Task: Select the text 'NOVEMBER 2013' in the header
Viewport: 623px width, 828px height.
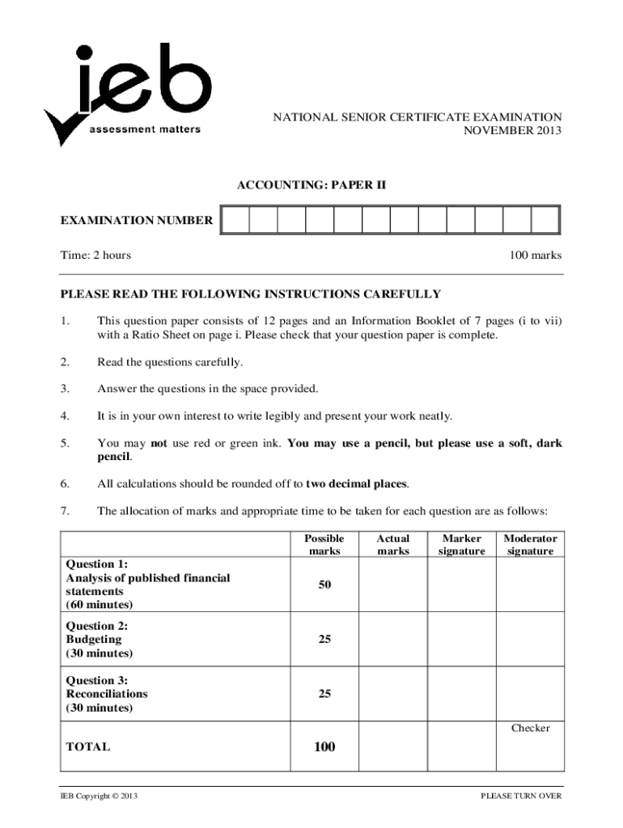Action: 511,130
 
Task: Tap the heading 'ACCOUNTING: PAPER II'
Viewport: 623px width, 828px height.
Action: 311,185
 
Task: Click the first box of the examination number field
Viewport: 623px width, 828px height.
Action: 235,220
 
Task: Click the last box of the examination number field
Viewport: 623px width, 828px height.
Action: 545,220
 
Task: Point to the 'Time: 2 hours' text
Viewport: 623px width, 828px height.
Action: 95,256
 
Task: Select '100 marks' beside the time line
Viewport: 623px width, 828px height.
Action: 535,256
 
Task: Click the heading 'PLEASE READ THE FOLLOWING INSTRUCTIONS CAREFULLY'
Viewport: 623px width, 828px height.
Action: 251,294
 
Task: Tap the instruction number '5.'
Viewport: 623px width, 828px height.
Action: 66,443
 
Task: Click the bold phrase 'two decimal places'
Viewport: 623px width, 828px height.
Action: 357,484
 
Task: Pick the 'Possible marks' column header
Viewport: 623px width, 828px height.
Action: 324,544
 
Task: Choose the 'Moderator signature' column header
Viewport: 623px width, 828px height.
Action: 530,544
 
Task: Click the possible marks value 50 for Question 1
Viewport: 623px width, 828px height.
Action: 324,584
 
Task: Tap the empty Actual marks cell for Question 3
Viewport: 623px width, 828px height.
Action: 393,694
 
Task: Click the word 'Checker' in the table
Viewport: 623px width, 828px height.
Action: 530,728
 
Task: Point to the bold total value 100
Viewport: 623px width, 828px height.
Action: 324,747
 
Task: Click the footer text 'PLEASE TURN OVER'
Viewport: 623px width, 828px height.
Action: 521,796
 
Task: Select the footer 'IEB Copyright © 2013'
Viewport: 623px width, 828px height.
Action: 99,796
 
